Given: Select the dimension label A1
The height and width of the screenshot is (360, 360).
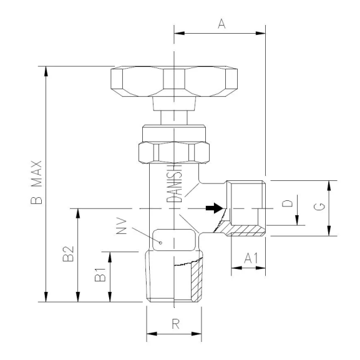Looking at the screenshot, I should [x=248, y=257].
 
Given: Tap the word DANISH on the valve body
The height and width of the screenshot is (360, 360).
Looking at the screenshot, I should [x=175, y=180].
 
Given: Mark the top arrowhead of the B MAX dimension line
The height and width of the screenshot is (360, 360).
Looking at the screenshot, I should [x=46, y=70].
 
